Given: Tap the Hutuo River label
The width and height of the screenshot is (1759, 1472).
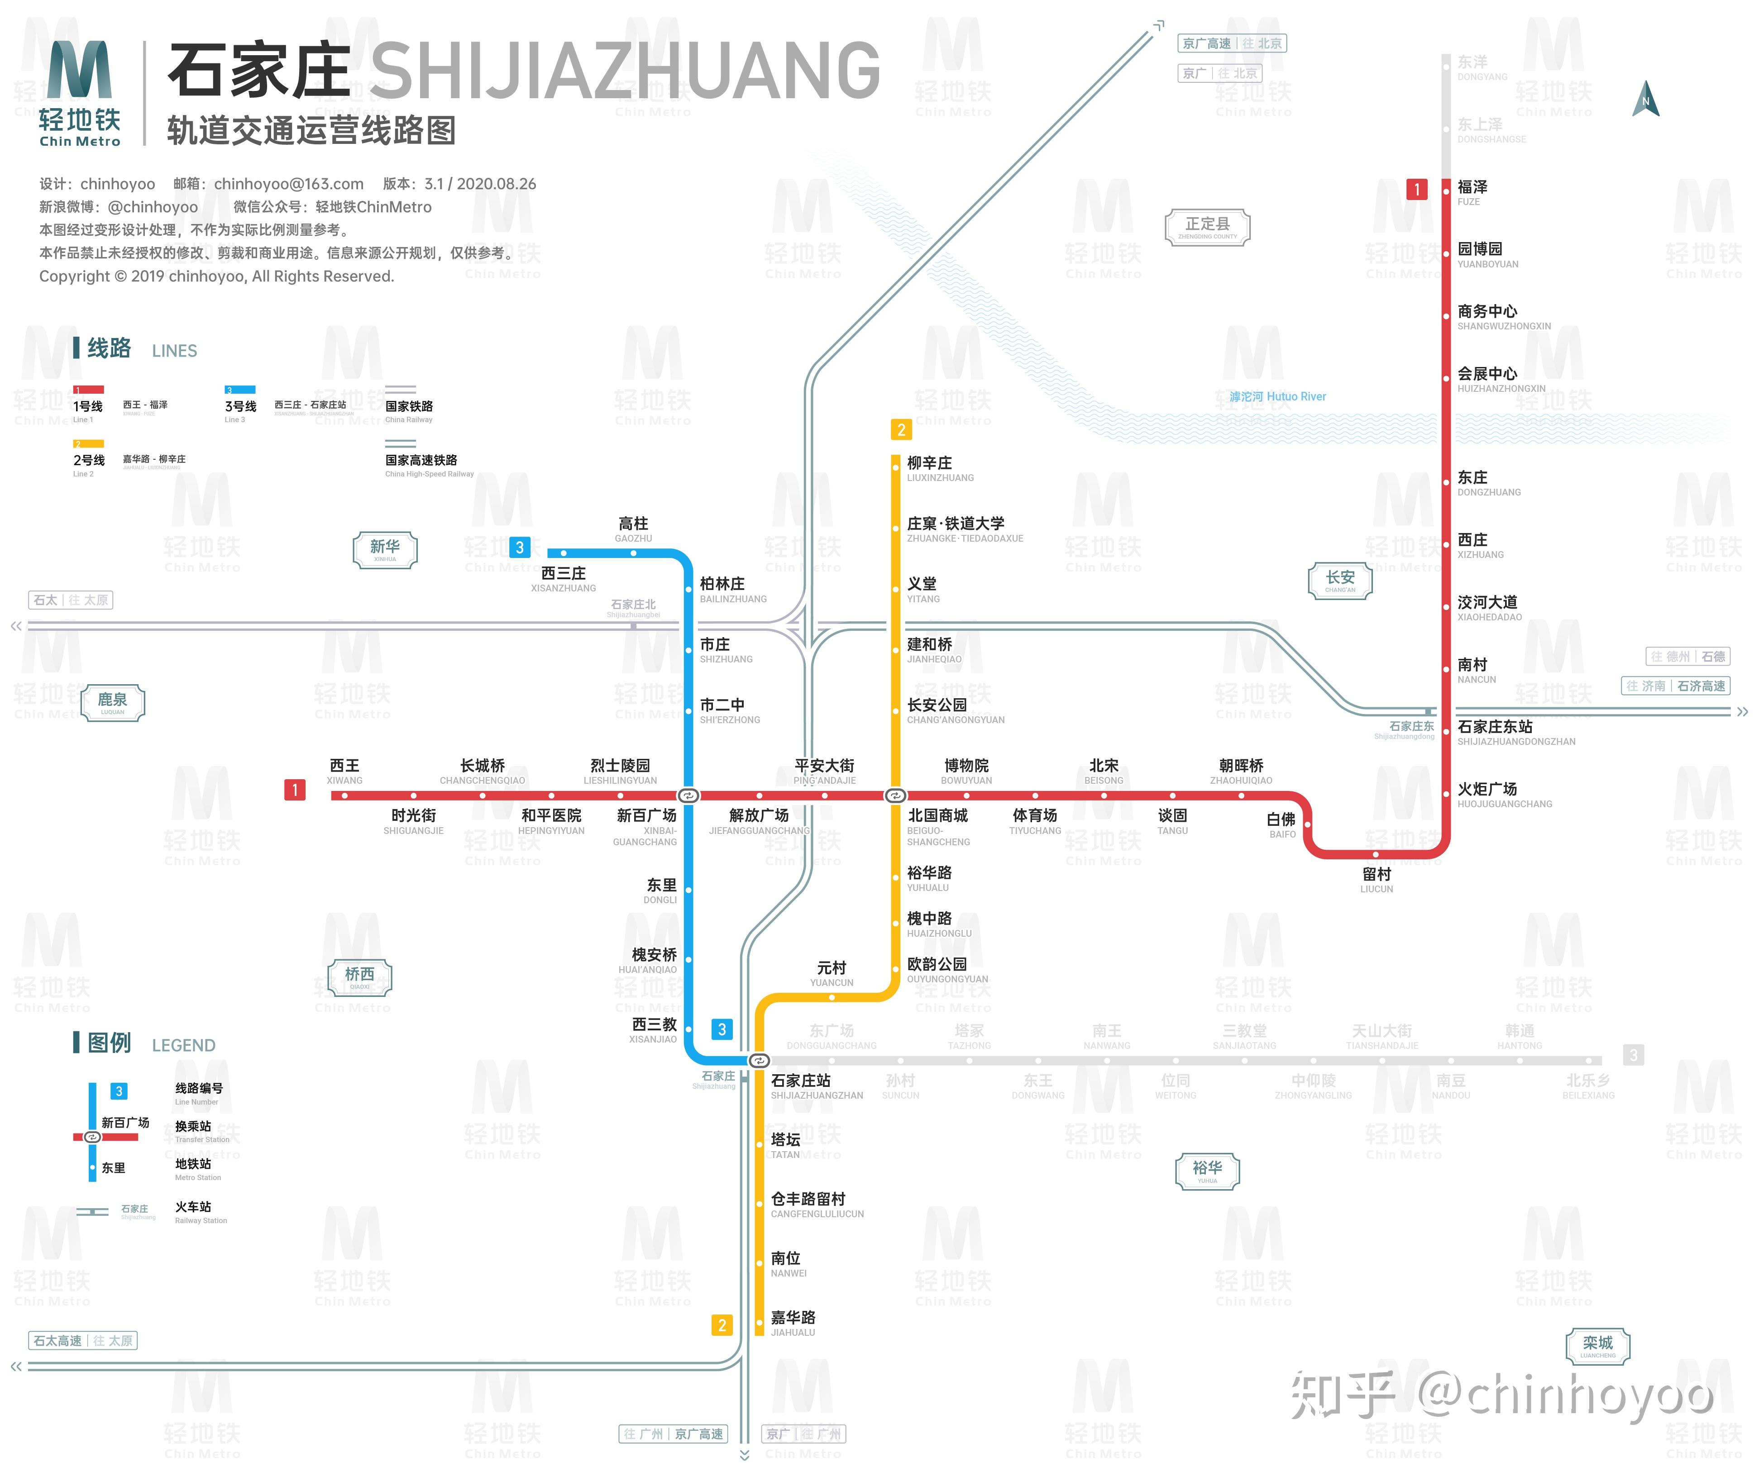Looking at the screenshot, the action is (1277, 397).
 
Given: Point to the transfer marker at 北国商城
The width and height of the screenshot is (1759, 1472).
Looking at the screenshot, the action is (895, 796).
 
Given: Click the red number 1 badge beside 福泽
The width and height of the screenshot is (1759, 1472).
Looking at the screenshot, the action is (1416, 189).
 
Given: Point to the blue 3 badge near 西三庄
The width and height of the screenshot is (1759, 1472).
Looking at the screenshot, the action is (519, 548).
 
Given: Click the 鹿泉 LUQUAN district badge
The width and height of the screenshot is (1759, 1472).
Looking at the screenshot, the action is (113, 702).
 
